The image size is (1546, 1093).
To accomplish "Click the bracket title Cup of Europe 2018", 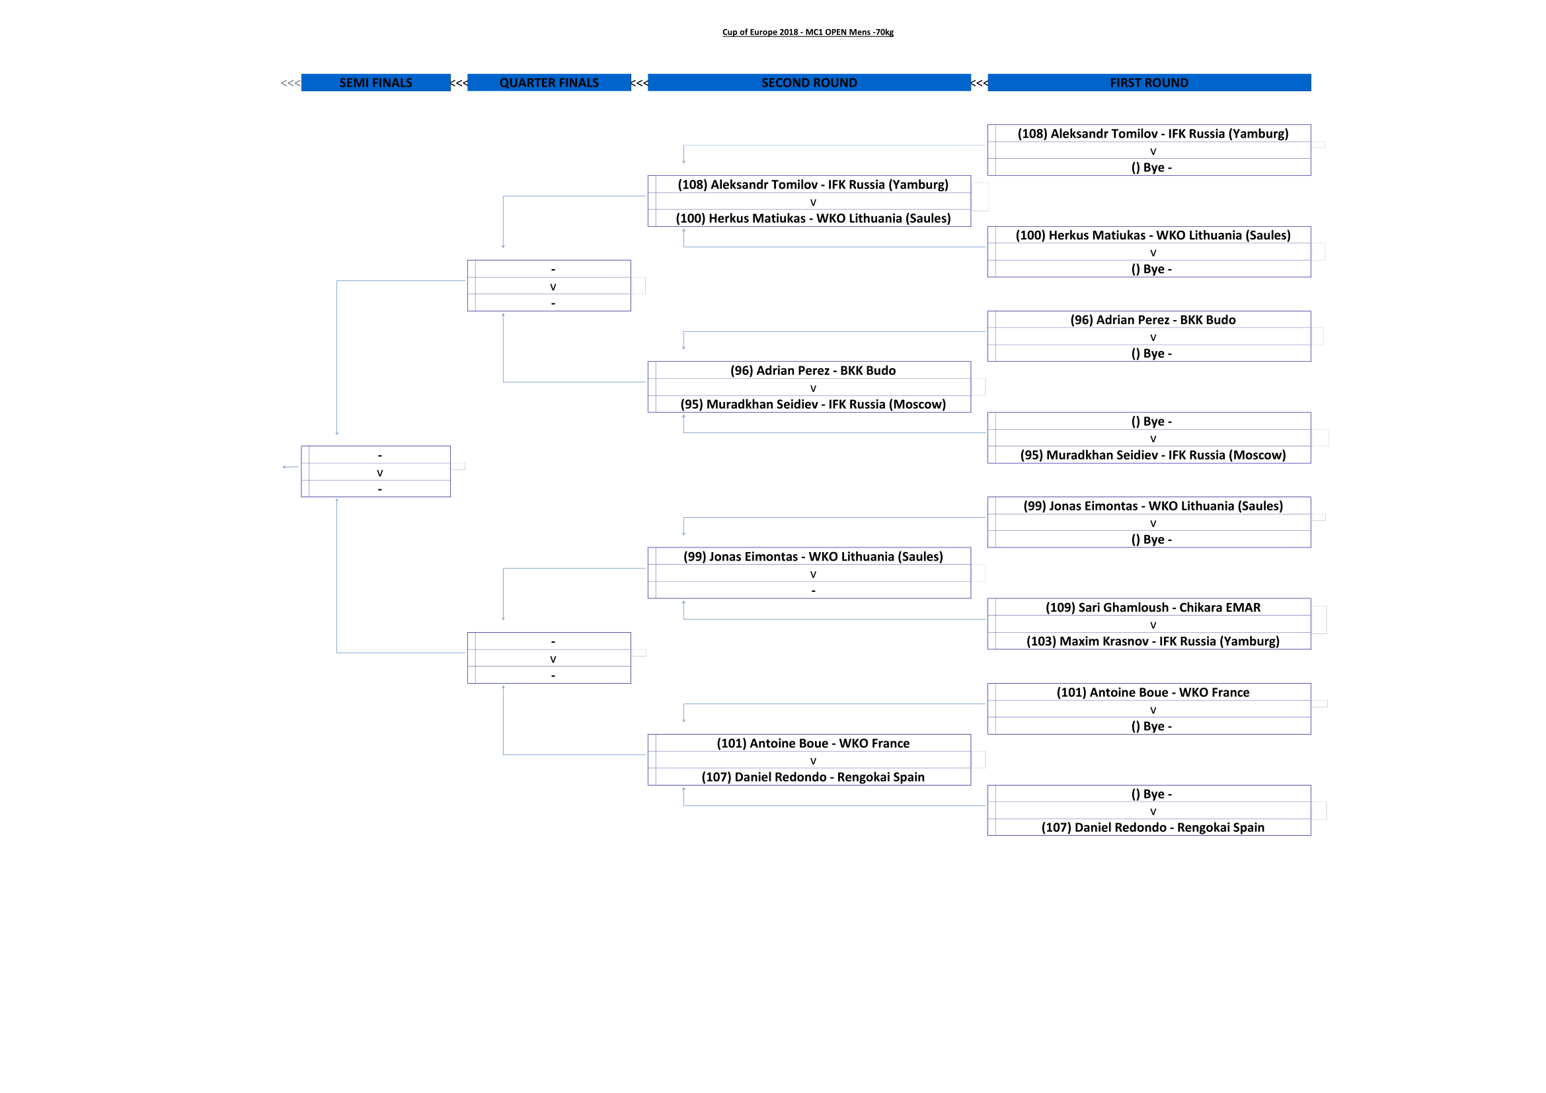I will pos(807,32).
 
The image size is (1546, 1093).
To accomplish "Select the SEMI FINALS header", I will pos(375,83).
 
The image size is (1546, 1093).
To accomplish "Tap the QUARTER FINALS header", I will pos(549,83).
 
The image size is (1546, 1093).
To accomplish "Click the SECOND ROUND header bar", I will pos(808,83).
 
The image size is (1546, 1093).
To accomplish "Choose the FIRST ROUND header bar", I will pos(1149,83).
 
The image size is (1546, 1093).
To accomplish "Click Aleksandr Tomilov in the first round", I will pos(1152,134).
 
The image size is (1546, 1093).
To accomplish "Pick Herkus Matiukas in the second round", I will pos(813,218).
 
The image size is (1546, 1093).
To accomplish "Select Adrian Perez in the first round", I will pos(1152,320).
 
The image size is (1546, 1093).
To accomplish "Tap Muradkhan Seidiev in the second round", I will pos(813,404).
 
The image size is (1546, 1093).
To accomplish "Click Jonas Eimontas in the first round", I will pos(1152,506).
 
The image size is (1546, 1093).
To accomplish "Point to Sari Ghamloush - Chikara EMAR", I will pos(1152,608).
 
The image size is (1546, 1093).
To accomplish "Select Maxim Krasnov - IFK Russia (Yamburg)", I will pos(1152,641).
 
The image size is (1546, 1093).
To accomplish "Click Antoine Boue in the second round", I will pos(813,743).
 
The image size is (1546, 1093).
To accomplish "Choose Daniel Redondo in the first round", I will pos(1152,827).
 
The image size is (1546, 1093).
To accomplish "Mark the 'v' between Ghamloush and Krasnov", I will pos(1153,625).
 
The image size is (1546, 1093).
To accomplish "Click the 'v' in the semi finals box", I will pos(380,473).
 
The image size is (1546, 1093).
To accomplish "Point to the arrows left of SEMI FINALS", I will pos(290,83).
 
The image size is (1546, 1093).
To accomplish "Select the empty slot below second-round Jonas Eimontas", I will pos(813,590).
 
